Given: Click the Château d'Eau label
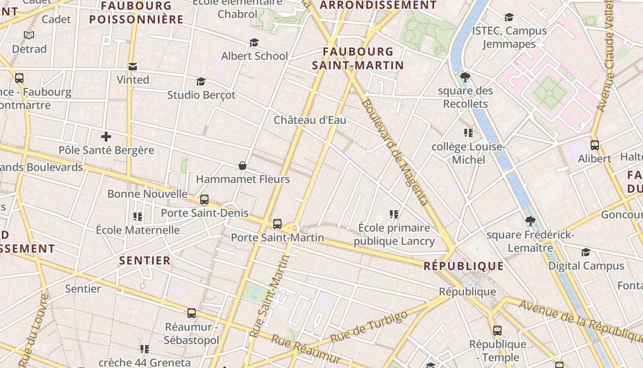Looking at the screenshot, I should (310, 120).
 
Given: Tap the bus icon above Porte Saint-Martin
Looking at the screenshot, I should (277, 224).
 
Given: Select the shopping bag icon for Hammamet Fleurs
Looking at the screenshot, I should (243, 166).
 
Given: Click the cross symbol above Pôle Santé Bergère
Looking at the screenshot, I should (106, 137).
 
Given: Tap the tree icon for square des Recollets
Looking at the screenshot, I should (465, 77).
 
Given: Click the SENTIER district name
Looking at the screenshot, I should (145, 260).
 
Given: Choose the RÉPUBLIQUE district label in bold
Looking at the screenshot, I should (463, 266).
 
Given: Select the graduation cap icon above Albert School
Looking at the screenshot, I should (254, 43).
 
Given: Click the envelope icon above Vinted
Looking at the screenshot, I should (133, 67).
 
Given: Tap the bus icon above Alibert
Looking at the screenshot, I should (595, 145).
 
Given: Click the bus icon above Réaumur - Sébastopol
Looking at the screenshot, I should (192, 313).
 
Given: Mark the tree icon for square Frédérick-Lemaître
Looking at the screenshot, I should (530, 221).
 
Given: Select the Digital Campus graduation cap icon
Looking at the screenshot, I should (586, 252).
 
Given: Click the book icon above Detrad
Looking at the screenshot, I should (29, 35).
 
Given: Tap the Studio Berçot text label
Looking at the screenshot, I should (201, 95).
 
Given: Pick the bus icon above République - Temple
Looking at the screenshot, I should (497, 330).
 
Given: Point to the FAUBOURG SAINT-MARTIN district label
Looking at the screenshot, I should (358, 58).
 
